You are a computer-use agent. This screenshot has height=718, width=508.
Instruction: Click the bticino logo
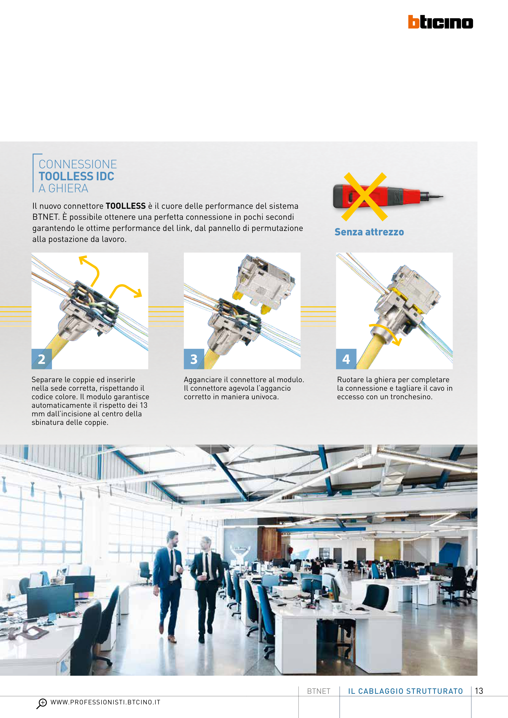[440, 22]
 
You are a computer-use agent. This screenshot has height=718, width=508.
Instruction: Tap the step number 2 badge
[42, 359]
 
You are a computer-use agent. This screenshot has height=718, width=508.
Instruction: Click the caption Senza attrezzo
[369, 232]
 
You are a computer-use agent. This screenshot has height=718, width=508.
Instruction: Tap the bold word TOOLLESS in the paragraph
[126, 206]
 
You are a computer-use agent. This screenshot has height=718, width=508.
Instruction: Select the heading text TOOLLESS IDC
[76, 176]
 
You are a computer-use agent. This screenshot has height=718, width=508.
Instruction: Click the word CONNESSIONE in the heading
[78, 164]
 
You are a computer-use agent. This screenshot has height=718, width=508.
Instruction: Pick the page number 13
[479, 691]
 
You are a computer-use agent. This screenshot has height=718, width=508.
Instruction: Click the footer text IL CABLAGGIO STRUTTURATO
[405, 691]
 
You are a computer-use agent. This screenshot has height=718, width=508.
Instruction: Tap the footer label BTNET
[319, 691]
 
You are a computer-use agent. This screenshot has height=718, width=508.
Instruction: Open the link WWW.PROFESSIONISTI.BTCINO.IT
[105, 702]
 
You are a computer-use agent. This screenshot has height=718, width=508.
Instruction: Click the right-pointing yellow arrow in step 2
[125, 289]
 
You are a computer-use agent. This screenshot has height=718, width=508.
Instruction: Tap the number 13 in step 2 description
[143, 405]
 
